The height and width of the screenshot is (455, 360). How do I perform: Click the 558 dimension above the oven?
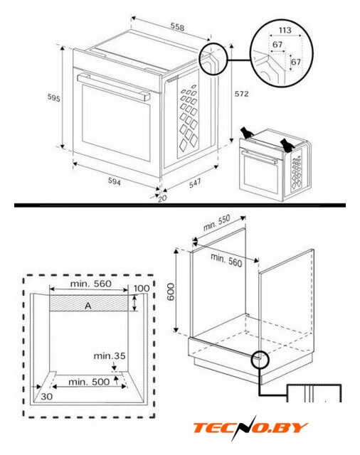(x=177, y=27)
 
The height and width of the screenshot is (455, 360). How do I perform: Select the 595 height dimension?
(x=53, y=98)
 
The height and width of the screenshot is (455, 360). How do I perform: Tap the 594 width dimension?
(x=115, y=181)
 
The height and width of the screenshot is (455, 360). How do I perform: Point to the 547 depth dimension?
(x=195, y=183)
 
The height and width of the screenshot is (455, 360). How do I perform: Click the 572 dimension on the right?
(x=242, y=94)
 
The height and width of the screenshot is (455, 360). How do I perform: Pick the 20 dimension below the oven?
(x=162, y=198)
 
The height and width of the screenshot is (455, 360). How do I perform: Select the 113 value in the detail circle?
(x=285, y=30)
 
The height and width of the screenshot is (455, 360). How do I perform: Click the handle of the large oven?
(x=113, y=86)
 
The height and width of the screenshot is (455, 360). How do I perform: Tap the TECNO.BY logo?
(x=250, y=427)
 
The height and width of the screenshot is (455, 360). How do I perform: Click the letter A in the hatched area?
(x=88, y=306)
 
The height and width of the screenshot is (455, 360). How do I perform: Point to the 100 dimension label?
(x=142, y=288)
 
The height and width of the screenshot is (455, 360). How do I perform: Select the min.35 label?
(x=110, y=355)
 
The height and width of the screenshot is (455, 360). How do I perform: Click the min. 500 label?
(x=89, y=382)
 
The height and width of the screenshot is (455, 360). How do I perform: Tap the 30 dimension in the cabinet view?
(x=46, y=396)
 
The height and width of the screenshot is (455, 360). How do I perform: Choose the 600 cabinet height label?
(x=171, y=292)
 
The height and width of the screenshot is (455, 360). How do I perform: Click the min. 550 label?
(x=216, y=223)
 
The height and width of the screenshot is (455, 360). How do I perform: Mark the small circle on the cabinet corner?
(x=260, y=360)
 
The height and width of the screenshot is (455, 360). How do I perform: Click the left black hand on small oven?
(x=247, y=132)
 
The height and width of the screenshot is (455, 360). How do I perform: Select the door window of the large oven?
(x=116, y=123)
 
